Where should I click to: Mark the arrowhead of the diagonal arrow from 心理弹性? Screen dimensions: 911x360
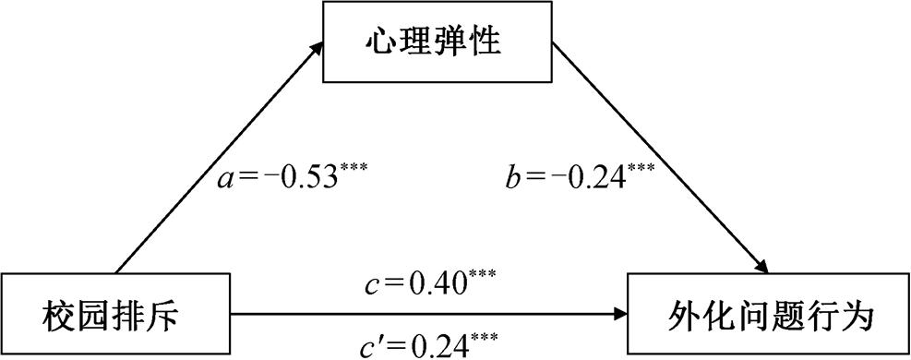click(768, 267)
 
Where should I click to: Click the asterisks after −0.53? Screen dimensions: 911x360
click(354, 166)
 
